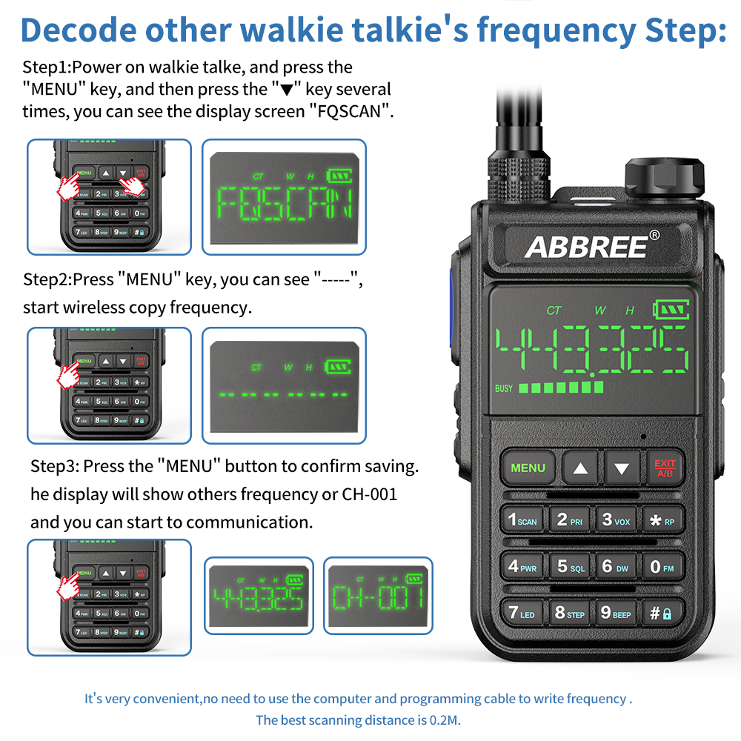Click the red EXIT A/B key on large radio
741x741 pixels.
tap(665, 468)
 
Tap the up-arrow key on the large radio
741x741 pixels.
tap(580, 468)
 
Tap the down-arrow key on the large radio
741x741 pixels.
tap(622, 468)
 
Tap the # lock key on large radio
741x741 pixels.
tap(661, 613)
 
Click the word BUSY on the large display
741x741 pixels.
tap(504, 388)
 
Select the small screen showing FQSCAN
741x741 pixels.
tap(285, 196)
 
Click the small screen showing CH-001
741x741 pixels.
tap(378, 595)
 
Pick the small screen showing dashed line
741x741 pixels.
tap(285, 385)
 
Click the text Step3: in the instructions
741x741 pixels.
tap(54, 467)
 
